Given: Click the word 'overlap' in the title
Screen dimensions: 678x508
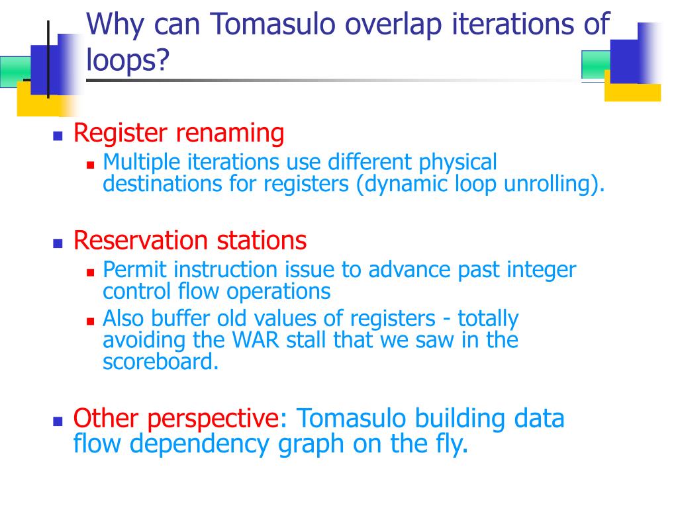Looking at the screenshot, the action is click(x=393, y=24).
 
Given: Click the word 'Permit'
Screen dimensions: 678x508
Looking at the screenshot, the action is click(x=134, y=270).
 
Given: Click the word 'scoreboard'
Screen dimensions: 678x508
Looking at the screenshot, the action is click(x=158, y=362).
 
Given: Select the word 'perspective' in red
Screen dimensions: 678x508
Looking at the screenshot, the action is click(x=213, y=419).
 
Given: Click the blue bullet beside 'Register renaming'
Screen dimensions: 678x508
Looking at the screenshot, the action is click(x=58, y=136).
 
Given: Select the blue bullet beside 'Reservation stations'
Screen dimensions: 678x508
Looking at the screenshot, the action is click(x=58, y=244).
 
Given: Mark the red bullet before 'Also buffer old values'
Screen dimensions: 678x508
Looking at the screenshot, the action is click(x=90, y=321).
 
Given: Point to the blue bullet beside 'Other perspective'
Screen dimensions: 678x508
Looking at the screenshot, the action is click(x=58, y=421).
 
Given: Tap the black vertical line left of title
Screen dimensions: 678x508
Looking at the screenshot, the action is click(x=48, y=59).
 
